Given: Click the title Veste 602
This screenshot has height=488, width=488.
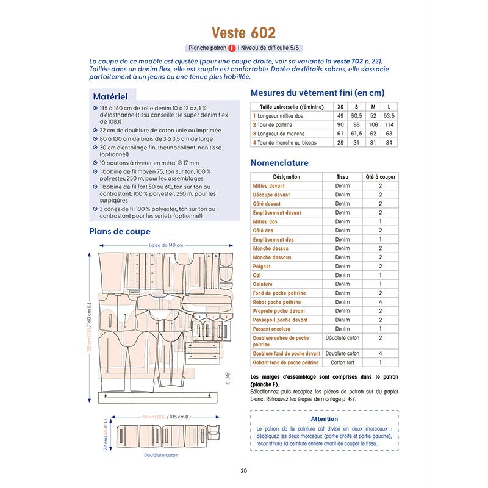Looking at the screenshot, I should pos(243,33).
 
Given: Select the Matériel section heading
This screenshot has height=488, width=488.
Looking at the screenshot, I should pos(110,96).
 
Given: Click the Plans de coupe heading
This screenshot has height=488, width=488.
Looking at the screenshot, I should pos(120,231).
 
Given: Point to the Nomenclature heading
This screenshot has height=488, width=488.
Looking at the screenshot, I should pos(279,163).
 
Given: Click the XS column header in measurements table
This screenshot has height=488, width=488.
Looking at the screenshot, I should pos(340,107).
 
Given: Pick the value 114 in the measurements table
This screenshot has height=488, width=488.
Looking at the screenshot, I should pos(389,124).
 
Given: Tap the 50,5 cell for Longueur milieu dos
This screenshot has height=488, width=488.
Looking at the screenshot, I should pos(357,116).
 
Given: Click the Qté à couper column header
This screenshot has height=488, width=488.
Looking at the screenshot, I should pos(380,177).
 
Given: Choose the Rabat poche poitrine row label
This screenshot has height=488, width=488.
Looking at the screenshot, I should pos(277,302).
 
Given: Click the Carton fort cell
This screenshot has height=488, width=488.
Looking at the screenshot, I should pos(342,362).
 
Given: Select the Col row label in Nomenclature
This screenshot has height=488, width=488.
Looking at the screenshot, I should pos(257,275).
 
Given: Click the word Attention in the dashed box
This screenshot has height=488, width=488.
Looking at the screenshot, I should pos(324,419).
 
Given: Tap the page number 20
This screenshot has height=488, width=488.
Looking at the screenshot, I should pos(244,470).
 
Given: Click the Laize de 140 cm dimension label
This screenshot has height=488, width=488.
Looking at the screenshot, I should pos(166,245).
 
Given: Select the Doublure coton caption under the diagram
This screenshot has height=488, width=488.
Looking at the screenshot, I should pos(162,455).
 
